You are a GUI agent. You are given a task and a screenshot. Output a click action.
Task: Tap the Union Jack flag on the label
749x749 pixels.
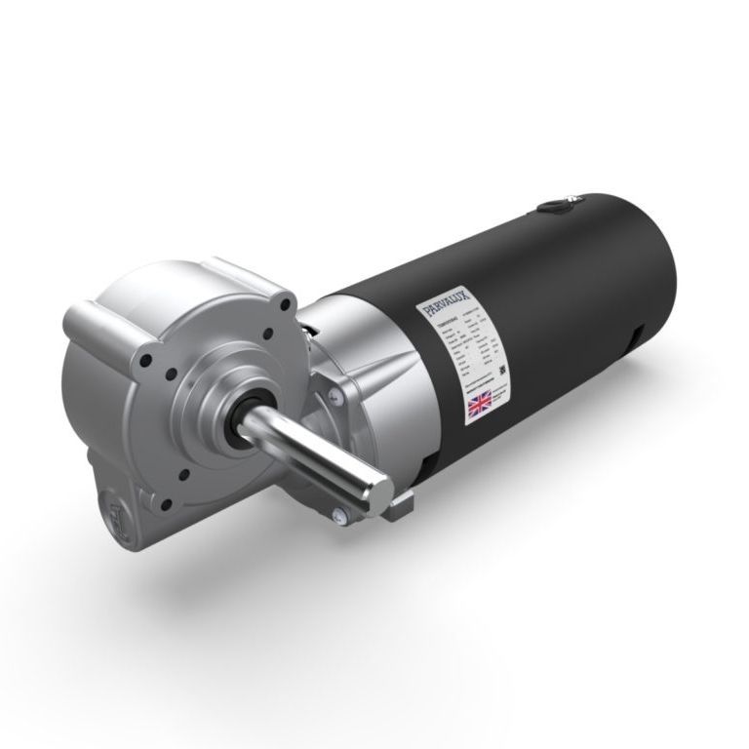(481, 403)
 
